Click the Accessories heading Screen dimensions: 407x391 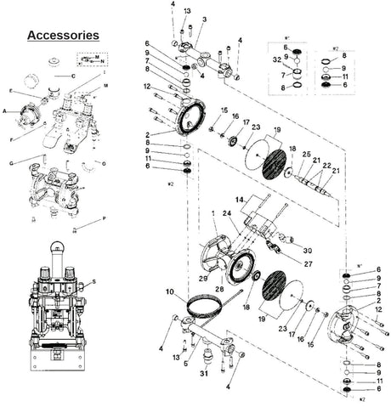[63, 35]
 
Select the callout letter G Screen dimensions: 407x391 [11, 161]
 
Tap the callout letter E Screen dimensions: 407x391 [11, 90]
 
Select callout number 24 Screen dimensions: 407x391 [227, 213]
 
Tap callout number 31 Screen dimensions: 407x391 [204, 374]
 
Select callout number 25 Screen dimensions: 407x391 [305, 155]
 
